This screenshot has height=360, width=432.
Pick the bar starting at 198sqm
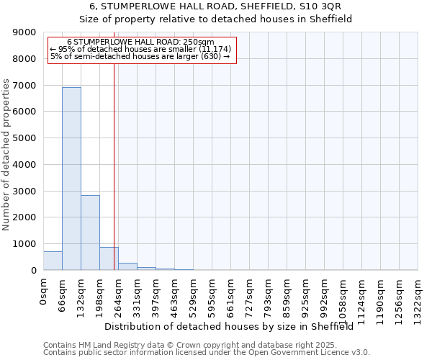click(109, 258)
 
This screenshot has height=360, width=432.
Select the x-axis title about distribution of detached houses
click(234, 326)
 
